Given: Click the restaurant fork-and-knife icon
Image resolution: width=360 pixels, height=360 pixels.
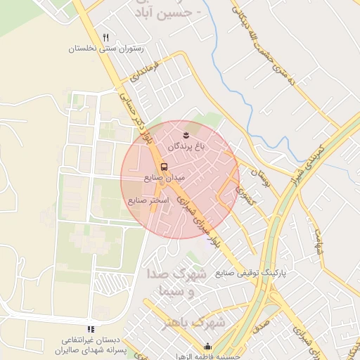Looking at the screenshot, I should tap(105, 37).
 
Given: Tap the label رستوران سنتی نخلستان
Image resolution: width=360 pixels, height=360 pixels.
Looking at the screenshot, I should tap(105, 49).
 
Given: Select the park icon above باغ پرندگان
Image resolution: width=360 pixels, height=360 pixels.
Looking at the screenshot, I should tap(186, 134).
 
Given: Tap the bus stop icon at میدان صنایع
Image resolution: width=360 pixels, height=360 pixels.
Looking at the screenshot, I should tap(164, 167).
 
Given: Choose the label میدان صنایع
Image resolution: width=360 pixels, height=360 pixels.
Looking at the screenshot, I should tap(165, 179).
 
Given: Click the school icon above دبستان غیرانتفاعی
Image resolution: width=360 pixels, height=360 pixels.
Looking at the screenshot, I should tap(90, 328).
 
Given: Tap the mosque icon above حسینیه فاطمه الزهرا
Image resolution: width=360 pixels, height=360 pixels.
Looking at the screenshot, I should tap(207, 347).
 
